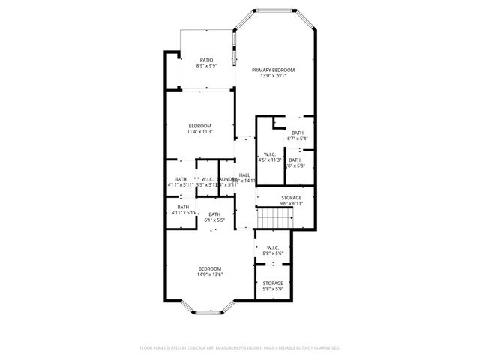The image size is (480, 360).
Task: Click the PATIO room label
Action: [206, 60]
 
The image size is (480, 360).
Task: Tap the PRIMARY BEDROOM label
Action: [273, 70]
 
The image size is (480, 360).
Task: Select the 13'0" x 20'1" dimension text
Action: [273, 76]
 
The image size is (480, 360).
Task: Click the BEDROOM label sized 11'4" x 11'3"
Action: [200, 125]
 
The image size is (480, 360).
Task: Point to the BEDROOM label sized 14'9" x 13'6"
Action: [210, 268]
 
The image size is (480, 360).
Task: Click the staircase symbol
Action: [274, 219]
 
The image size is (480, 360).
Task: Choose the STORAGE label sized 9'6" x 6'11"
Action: [291, 198]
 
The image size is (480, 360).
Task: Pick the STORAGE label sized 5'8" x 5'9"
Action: [273, 283]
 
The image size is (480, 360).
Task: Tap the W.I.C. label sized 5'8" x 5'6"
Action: [273, 247]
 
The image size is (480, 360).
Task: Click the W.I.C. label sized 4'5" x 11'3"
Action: [270, 154]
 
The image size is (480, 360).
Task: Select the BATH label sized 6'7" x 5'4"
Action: [298, 133]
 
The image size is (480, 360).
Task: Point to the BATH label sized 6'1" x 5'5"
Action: [214, 214]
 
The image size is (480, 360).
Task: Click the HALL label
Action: [244, 175]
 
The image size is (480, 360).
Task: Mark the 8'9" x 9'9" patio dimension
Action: [206, 66]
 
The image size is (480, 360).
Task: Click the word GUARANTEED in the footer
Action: [324, 348]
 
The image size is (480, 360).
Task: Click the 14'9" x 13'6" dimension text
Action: [210, 274]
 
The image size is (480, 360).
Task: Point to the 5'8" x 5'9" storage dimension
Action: [273, 289]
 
